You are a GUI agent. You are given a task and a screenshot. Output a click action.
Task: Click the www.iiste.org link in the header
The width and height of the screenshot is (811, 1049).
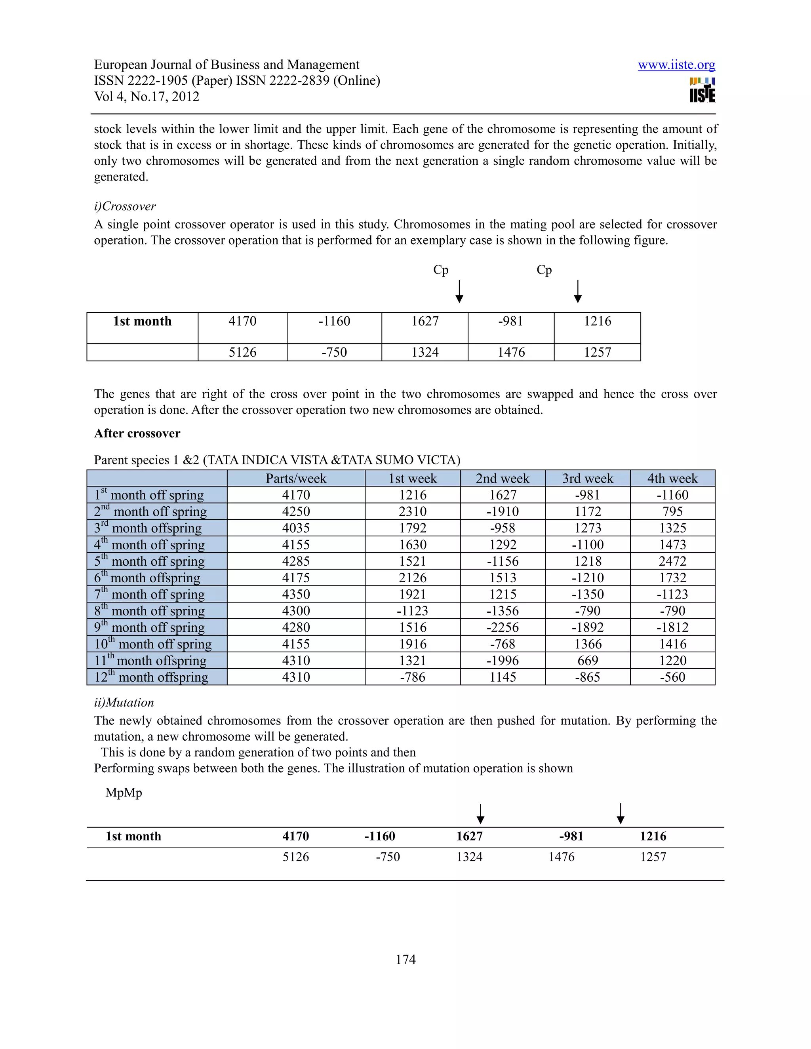pyautogui.click(x=676, y=65)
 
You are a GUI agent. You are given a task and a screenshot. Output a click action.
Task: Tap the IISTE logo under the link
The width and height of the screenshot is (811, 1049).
pyautogui.click(x=702, y=90)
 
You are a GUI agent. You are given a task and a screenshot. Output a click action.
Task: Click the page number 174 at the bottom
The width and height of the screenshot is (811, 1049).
pyautogui.click(x=405, y=959)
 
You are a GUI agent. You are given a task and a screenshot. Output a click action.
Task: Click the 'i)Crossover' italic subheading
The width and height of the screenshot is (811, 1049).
pyautogui.click(x=125, y=206)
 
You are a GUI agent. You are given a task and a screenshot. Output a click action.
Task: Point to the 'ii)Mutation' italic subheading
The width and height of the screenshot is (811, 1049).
pyautogui.click(x=124, y=702)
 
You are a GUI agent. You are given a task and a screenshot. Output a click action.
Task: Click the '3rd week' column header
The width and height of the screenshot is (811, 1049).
pyautogui.click(x=588, y=479)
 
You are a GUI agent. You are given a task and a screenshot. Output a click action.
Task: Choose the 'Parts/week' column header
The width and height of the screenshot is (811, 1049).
pyautogui.click(x=296, y=479)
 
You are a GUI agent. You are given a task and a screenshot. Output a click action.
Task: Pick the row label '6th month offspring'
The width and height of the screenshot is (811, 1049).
pyautogui.click(x=147, y=578)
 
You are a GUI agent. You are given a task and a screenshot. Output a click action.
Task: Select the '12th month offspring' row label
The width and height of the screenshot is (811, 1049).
pyautogui.click(x=151, y=677)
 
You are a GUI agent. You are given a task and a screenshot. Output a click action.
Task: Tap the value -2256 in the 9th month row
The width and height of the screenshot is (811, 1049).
pyautogui.click(x=503, y=627)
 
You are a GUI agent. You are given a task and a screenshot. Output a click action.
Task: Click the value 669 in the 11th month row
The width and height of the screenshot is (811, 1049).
pyautogui.click(x=588, y=660)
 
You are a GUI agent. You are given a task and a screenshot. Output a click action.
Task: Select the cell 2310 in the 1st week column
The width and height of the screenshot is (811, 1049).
pyautogui.click(x=413, y=511)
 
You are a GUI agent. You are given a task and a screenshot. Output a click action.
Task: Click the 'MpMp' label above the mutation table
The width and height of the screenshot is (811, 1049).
pyautogui.click(x=124, y=792)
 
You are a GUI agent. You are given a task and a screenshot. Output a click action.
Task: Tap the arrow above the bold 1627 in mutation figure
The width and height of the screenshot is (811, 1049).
pyautogui.click(x=480, y=813)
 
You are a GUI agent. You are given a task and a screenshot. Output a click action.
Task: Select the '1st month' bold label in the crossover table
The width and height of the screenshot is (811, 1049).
pyautogui.click(x=142, y=321)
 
